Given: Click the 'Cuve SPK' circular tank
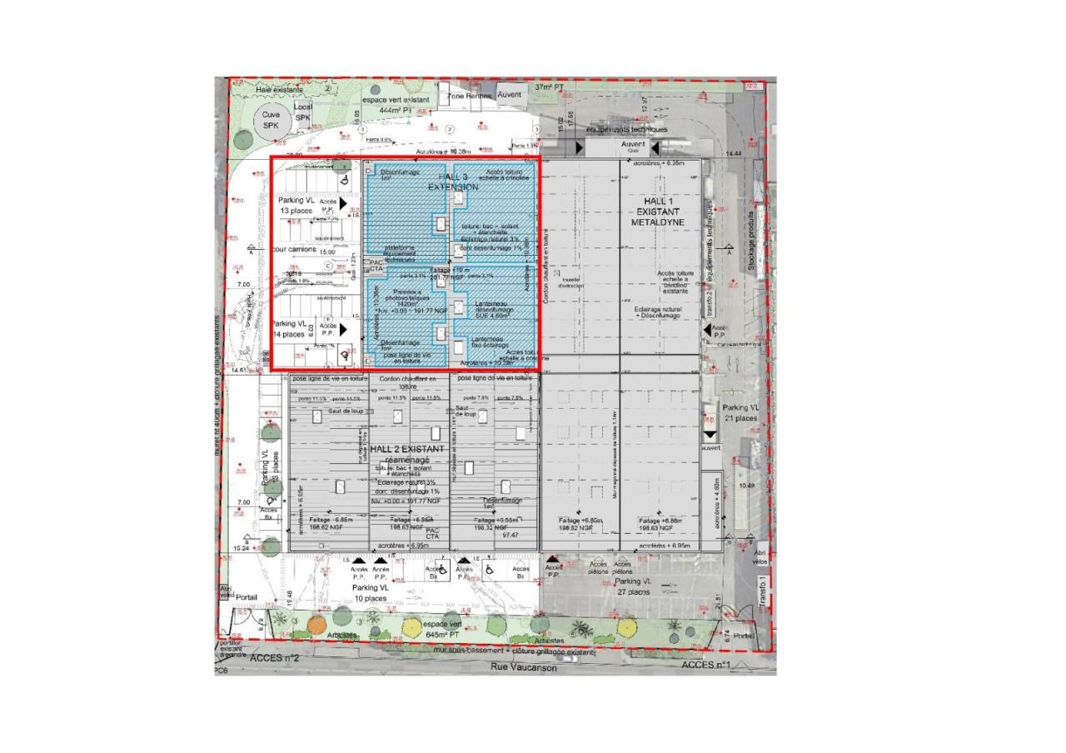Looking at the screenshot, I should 271,120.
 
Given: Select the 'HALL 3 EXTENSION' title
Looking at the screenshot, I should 453,182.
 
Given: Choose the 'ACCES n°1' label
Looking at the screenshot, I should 705,665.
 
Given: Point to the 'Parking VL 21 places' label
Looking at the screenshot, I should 741,412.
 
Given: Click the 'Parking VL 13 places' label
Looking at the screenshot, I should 297,206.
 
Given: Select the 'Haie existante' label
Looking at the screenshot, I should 280,89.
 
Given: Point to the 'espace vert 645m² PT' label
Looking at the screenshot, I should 442,629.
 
